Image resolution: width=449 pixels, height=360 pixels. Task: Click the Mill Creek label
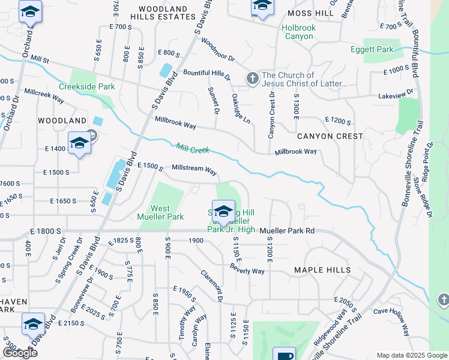point(193,148)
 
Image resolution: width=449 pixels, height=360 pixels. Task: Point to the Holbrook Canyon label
point(298,32)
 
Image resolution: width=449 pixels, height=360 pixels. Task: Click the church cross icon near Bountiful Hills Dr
point(253,79)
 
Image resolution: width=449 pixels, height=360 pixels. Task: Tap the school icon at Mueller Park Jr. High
point(223,212)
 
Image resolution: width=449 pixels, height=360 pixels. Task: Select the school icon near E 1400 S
point(79,143)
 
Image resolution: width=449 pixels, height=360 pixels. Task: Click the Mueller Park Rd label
point(288,230)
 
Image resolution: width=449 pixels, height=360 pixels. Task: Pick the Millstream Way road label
point(194,170)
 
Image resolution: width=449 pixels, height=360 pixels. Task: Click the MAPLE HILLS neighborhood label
point(322,270)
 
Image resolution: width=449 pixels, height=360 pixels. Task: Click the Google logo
point(20,353)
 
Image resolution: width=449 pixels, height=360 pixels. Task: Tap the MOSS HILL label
point(310,13)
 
